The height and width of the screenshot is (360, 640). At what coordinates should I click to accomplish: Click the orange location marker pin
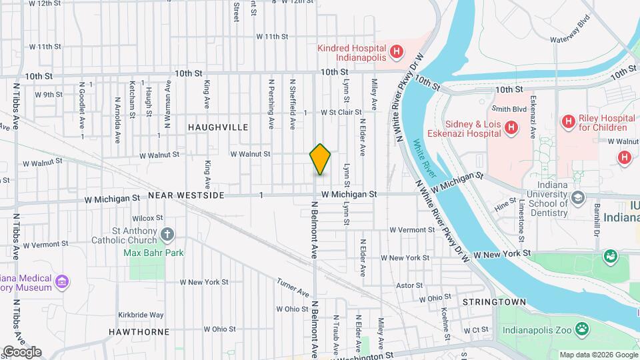320,159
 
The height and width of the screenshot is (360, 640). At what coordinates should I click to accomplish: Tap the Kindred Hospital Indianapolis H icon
397,51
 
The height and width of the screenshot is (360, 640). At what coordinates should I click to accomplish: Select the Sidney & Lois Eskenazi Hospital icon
511,127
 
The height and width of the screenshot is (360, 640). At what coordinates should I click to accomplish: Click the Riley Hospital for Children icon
568,121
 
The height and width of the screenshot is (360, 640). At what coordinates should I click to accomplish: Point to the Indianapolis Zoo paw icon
583,328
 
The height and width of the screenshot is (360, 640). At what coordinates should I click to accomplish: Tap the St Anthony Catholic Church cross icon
167,234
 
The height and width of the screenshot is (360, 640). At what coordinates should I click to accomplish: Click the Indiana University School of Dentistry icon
577,198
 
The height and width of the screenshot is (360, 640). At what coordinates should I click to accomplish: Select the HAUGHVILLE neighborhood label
217,127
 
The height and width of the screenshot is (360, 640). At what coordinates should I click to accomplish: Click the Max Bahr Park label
153,253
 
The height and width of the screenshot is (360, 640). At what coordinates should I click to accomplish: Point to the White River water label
425,159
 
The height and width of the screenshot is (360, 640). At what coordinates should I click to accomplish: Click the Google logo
21,352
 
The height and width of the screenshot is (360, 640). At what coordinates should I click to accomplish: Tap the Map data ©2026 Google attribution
598,355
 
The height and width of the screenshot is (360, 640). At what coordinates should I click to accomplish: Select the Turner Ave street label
294,289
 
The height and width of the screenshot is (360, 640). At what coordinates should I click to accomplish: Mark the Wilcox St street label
147,218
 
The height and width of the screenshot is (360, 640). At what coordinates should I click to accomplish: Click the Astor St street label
405,285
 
